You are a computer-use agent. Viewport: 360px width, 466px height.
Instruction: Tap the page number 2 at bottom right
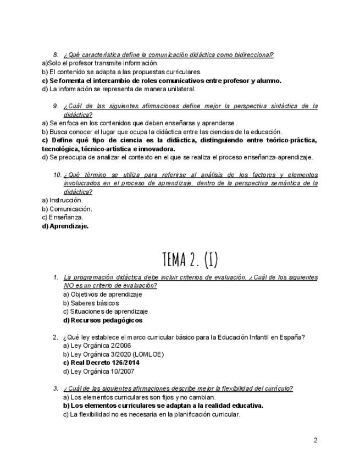[315, 440]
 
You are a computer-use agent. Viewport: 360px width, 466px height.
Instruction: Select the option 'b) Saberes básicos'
[91, 303]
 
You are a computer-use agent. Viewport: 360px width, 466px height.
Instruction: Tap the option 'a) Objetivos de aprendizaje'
[102, 295]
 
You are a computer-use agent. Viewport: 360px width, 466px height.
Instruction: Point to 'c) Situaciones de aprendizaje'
[105, 312]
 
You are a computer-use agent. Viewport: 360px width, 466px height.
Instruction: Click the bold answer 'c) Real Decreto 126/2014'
[101, 363]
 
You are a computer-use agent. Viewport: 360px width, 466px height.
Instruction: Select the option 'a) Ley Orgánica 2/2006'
[97, 346]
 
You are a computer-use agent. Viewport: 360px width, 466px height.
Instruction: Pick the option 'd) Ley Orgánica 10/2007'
[99, 371]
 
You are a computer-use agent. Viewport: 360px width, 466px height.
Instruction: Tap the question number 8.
[56, 54]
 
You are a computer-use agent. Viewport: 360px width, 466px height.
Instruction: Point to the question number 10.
[57, 175]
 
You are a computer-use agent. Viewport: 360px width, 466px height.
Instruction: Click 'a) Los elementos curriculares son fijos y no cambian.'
[139, 397]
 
